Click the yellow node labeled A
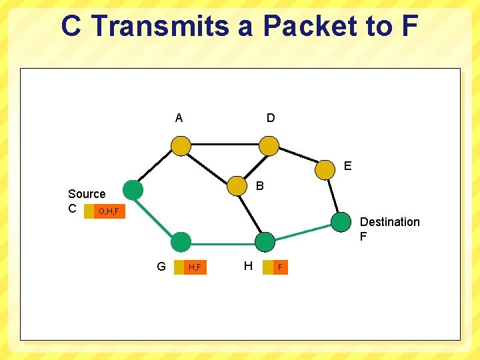180,145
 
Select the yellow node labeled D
269,145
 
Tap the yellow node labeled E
325,169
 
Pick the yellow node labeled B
237,186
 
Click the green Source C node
133,190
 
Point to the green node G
180,242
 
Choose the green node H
265,242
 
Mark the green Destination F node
340,222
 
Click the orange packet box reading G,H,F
109,211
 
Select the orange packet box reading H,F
195,267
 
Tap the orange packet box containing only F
280,267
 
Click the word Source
87,194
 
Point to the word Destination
389,222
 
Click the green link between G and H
223,242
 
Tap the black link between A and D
224,145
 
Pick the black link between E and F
333,195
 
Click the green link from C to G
156,215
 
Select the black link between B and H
251,213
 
